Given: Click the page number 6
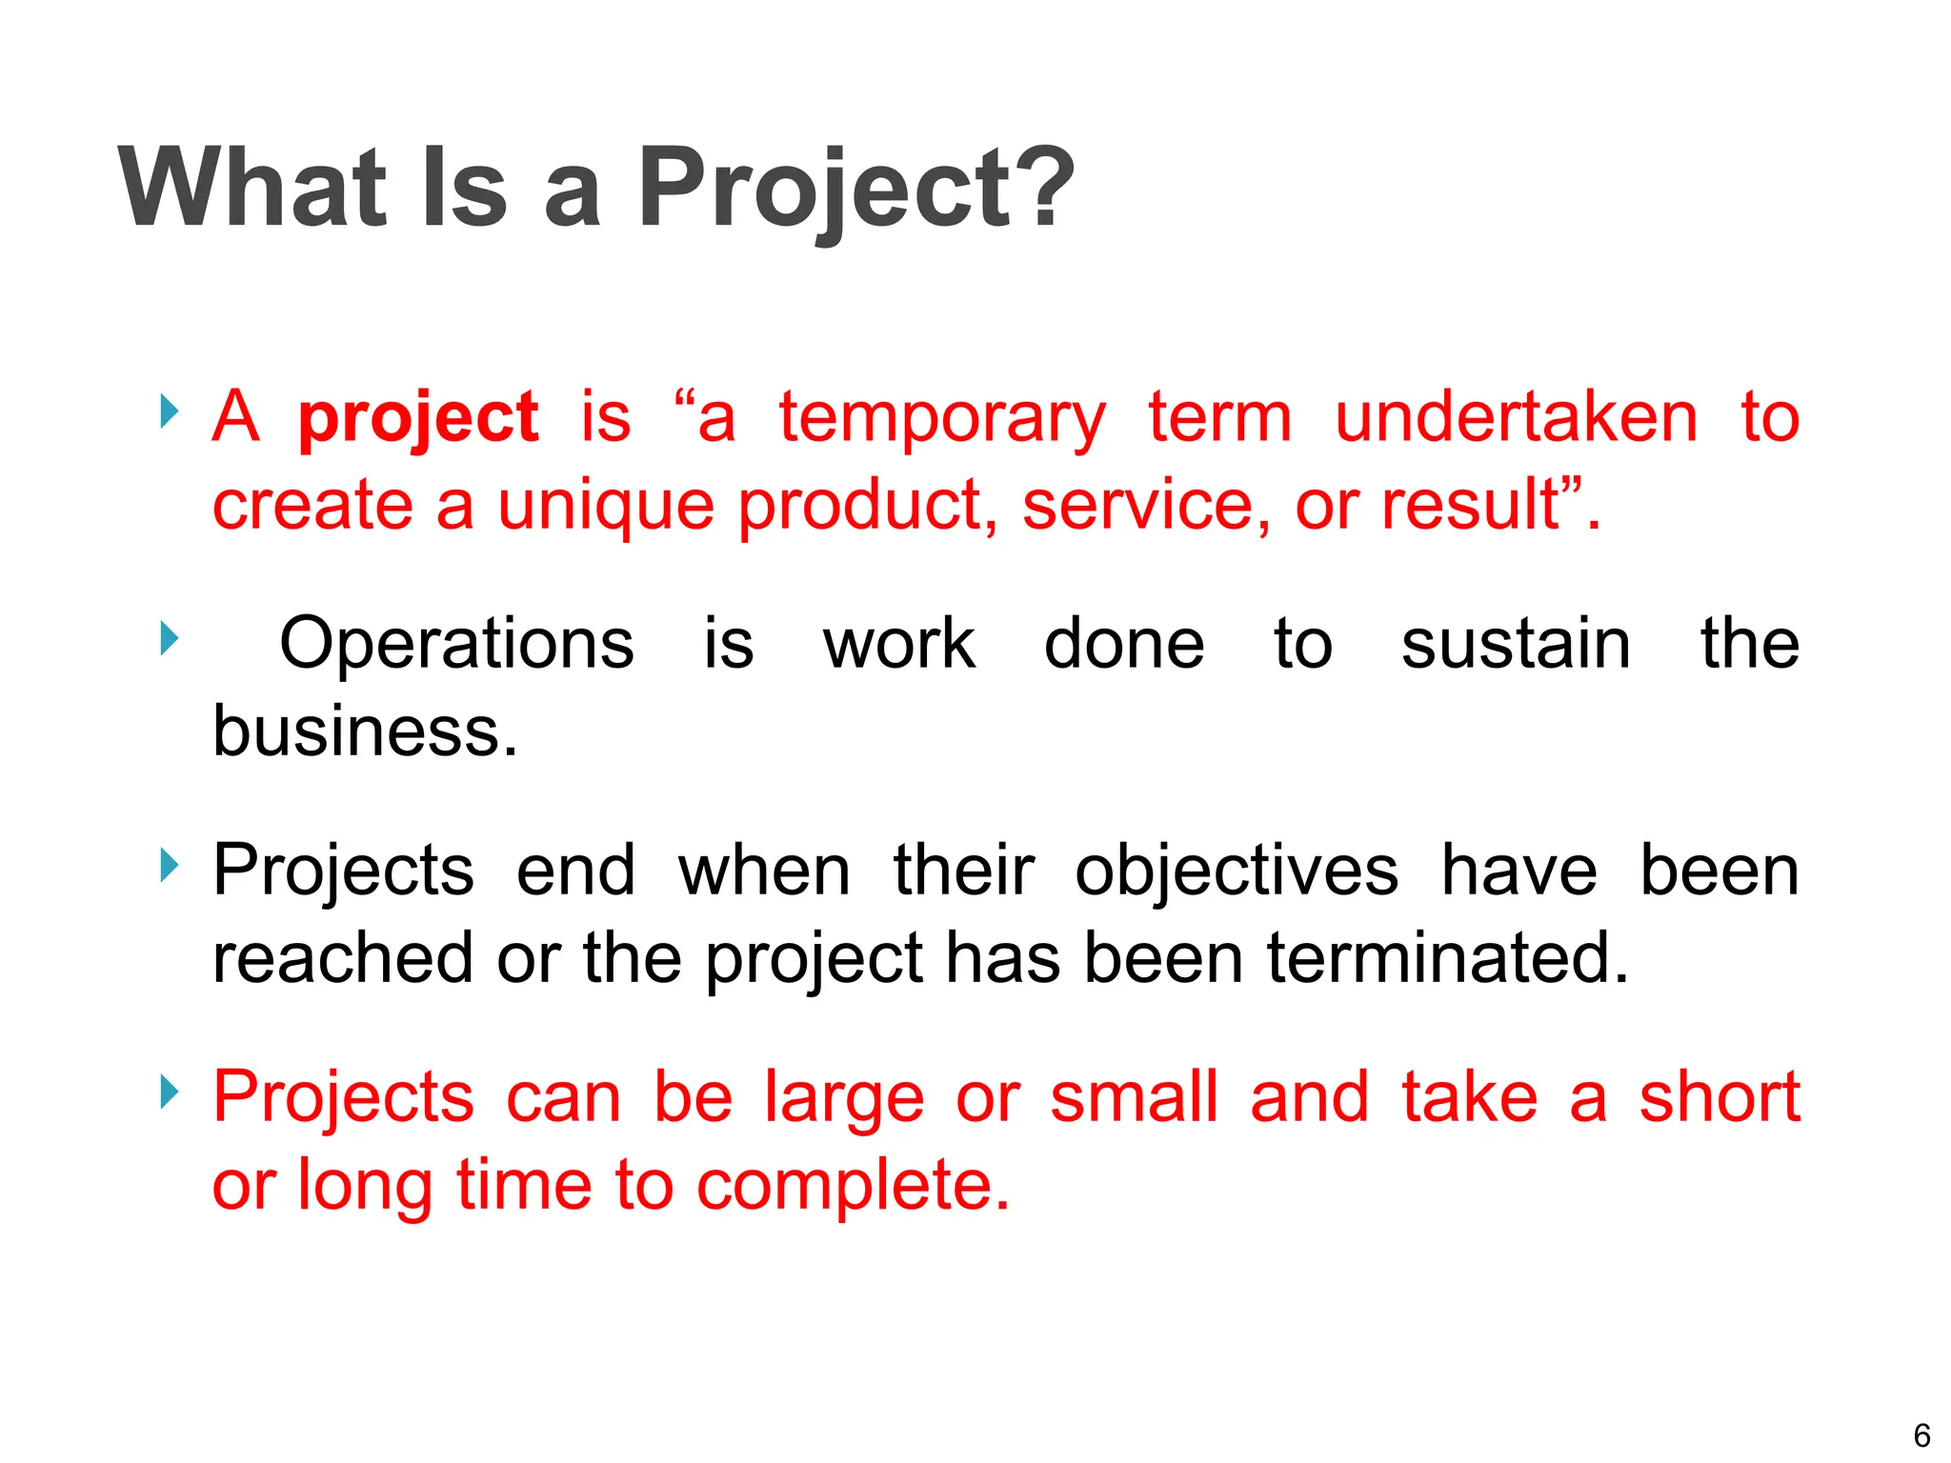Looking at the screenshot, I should pos(1921,1435).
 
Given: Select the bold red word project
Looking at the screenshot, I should pos(418,419).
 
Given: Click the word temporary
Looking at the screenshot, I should pos(941,419).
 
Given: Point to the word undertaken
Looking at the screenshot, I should pos(1516,417).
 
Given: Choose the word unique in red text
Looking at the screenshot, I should pos(606,505).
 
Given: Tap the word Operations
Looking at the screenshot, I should pos(456,644).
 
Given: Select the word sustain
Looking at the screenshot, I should pos(1516,644).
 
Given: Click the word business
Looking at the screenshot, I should pos(365,731).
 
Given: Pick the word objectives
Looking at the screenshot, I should pos(1237,871).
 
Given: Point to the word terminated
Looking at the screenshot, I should pos(1447,958).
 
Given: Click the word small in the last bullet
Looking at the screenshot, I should pos(1134,1097).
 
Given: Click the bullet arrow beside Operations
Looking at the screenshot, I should pos(169,638).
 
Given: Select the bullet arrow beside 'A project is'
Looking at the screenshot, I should pos(169,411).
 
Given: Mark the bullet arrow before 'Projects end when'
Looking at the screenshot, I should pos(169,865).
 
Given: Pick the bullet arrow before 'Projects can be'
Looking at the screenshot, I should pos(169,1092).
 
